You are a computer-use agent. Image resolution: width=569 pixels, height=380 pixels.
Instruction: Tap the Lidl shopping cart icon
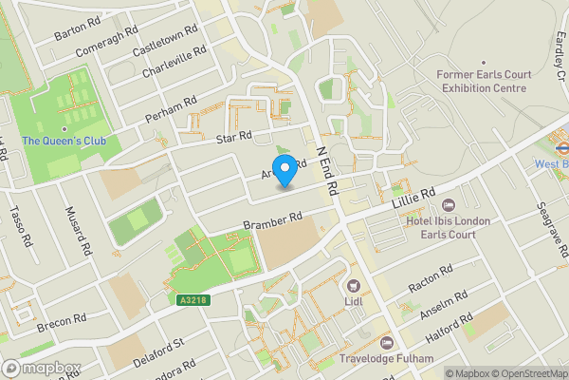click(355, 285)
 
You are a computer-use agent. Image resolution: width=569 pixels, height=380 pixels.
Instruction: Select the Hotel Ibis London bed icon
click(449, 205)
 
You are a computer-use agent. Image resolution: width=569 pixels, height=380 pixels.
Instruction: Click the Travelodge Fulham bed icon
click(385, 342)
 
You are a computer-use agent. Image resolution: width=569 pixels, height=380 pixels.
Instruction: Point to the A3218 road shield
click(193, 300)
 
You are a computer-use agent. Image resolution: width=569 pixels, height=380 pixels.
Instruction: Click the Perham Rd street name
click(171, 109)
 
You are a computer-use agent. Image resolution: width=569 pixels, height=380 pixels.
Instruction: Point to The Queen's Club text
click(64, 142)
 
